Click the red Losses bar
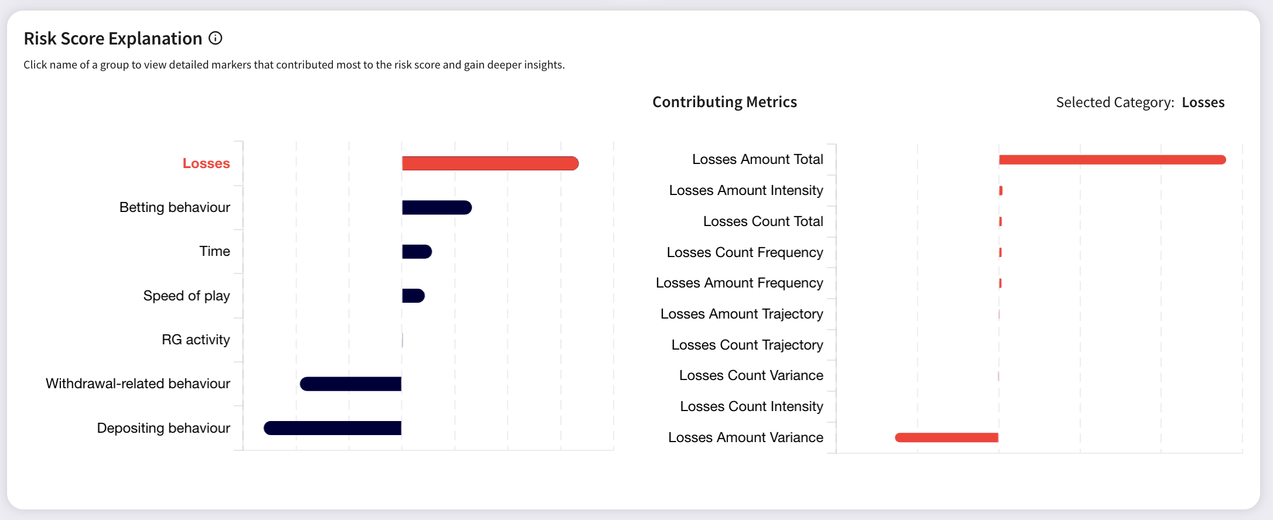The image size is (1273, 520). coord(490,163)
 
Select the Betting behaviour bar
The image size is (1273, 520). coord(437,207)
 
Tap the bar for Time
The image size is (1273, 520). coord(417,252)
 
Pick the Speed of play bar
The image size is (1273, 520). coord(413,296)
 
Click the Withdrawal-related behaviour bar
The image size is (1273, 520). coord(350,384)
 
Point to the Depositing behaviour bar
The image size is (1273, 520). coord(332,428)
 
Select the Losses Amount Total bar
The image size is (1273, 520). coord(1112,160)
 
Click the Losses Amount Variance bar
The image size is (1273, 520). coord(947,437)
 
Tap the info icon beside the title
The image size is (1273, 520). coord(216,38)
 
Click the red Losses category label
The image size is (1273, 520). coord(206,163)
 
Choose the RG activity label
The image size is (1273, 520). coord(196,340)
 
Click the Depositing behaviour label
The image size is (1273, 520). coord(164,428)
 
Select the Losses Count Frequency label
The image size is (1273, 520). coord(745,252)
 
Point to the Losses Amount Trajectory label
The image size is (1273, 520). coord(741,314)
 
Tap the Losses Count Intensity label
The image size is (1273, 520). coord(751,406)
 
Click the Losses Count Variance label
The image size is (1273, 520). coord(751,375)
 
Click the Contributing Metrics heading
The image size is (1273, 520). coord(724,102)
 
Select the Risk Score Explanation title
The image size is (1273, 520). coord(113,39)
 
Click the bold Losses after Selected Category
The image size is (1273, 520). coord(1203,102)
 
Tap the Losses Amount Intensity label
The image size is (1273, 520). coord(746,190)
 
